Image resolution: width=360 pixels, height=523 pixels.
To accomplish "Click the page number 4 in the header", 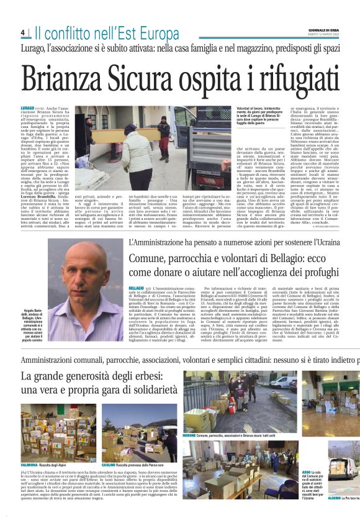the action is (22, 33).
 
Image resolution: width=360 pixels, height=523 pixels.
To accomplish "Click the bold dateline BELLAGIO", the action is (136, 288).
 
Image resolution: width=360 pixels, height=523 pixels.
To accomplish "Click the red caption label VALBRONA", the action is (30, 464).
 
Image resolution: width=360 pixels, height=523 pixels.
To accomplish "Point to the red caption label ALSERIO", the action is (335, 498).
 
